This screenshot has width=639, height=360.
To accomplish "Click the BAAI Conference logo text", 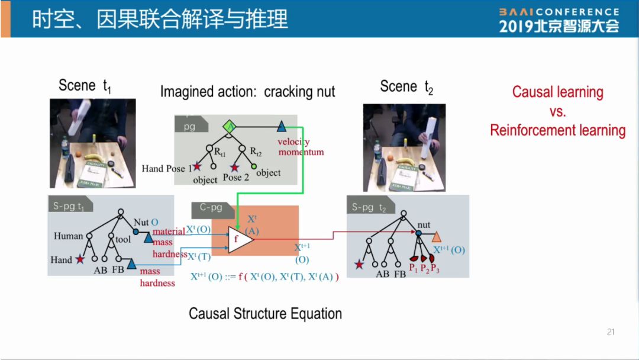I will [559, 12].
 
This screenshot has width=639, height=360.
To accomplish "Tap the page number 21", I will [611, 332].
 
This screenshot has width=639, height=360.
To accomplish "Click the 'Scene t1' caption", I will [85, 86].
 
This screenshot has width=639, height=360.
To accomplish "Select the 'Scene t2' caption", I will [406, 88].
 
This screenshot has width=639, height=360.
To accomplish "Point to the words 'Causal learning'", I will [557, 92].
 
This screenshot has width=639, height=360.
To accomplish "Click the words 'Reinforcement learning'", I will [557, 130].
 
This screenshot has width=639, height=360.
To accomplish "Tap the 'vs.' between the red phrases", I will [557, 111].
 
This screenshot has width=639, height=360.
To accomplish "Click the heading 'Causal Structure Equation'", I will [265, 313].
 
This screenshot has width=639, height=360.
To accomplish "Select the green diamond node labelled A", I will [230, 126].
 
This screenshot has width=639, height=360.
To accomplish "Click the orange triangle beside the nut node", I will [437, 237].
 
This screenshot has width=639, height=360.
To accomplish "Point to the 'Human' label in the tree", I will [69, 236].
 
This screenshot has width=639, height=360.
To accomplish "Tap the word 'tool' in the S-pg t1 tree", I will [123, 239].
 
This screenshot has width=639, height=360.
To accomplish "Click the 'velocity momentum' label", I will [301, 147].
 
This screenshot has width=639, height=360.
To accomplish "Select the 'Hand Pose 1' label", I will [166, 169].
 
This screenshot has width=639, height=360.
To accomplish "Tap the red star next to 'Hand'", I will [80, 259].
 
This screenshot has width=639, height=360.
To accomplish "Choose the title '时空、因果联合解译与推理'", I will [160, 20].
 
